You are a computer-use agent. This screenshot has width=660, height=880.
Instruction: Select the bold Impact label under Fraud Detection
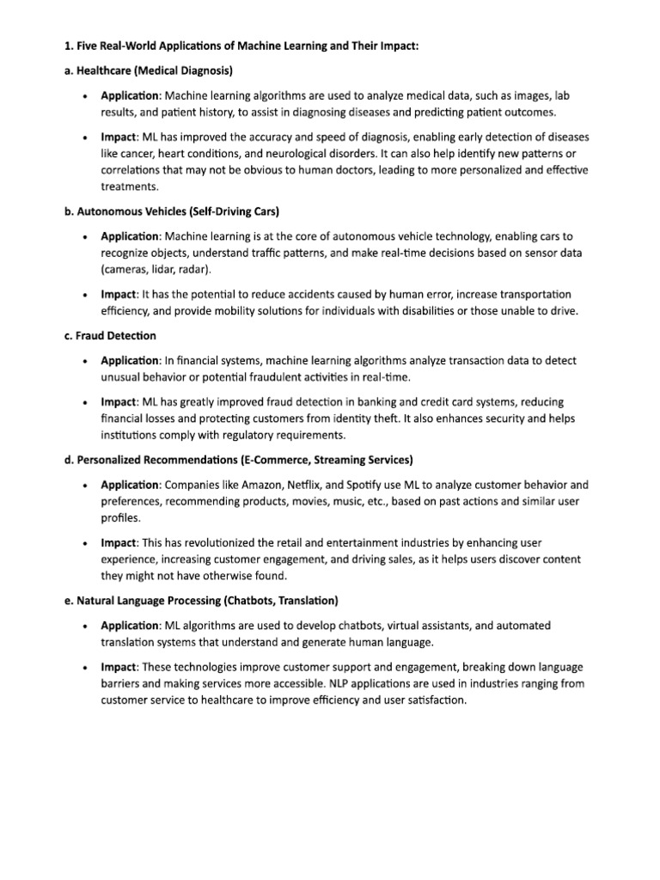(x=119, y=402)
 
